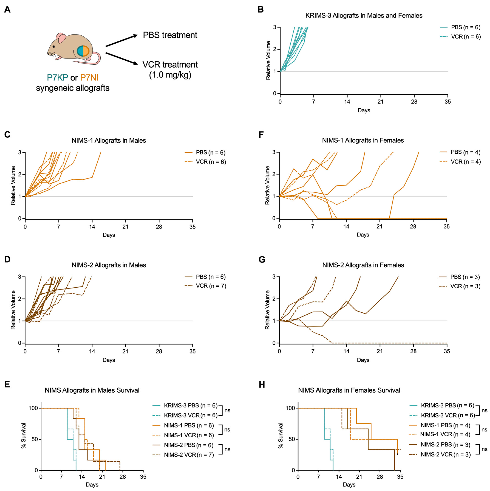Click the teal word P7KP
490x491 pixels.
coord(57,77)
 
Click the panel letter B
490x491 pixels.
coord(261,10)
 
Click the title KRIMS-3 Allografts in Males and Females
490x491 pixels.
coord(364,15)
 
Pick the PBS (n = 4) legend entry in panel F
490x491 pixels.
coord(465,152)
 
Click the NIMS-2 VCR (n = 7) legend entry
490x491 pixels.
coord(189,455)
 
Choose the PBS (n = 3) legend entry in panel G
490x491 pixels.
coord(465,277)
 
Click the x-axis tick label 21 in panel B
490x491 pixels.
coord(380,102)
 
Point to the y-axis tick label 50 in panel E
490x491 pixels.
coord(35,439)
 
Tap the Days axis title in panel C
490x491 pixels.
coord(109,235)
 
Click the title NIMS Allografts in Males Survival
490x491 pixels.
coord(92,390)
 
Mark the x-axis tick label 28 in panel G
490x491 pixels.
coord(414,351)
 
